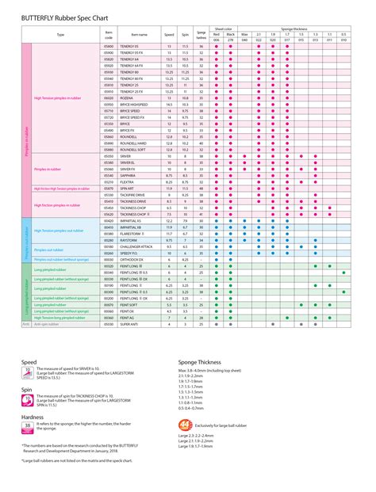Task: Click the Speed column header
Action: [169, 35]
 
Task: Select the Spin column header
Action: [186, 35]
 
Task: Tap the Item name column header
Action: [139, 35]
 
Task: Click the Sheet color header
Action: [230, 27]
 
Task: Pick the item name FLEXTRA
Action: [127, 181]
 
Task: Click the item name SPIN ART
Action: [127, 188]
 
